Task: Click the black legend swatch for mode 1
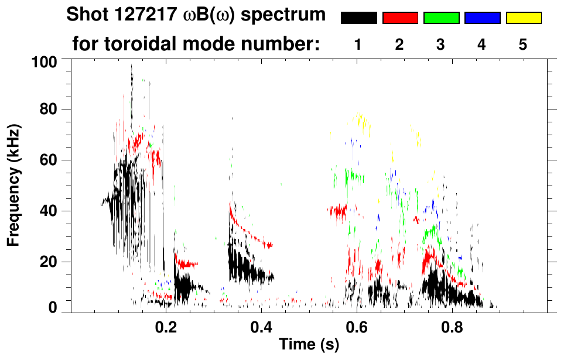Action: click(358, 18)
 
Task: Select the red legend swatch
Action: click(400, 18)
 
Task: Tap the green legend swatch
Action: click(441, 18)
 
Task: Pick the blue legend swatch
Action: click(482, 18)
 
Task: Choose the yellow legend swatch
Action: click(524, 18)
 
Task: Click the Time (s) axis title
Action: click(309, 345)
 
